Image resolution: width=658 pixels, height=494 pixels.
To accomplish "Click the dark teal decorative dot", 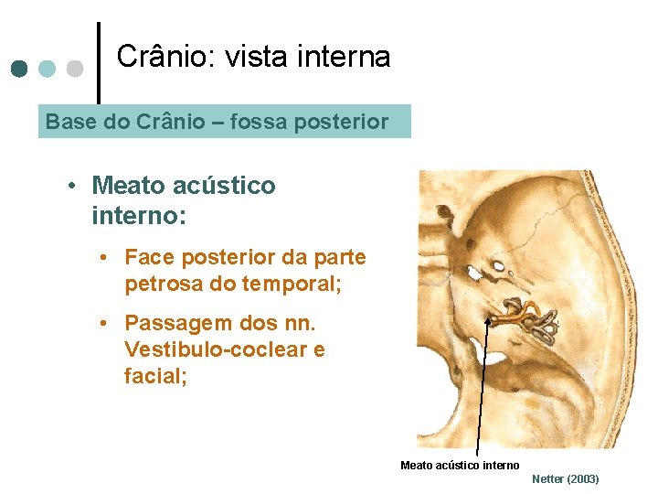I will (20, 69).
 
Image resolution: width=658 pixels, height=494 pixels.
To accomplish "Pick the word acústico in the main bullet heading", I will (224, 186).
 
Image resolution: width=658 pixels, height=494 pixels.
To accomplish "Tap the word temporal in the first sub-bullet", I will (290, 284).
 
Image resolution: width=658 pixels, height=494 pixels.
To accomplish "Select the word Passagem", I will (172, 324).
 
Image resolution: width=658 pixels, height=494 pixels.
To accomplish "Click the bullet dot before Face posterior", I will (106, 258).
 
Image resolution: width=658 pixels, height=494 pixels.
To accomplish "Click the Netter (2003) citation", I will (565, 479).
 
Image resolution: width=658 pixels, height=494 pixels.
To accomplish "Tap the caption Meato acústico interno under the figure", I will (460, 466).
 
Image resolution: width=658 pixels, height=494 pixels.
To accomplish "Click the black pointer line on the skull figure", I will (483, 393).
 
